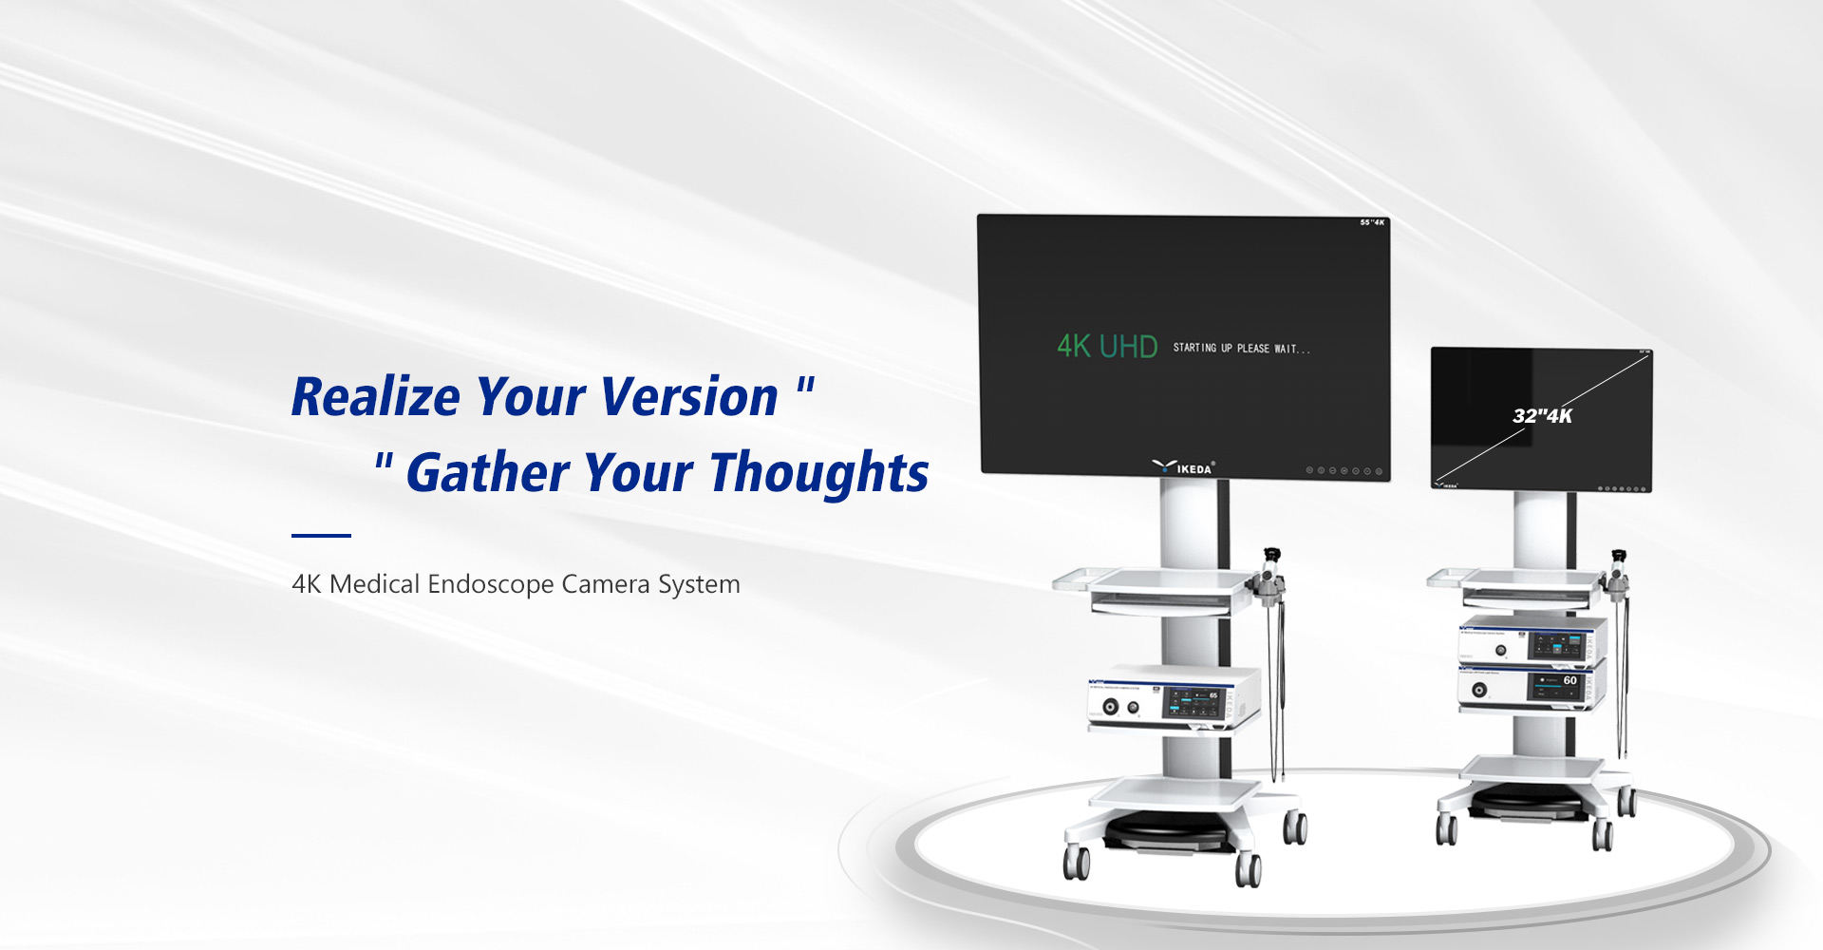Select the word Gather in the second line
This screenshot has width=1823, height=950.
[487, 473]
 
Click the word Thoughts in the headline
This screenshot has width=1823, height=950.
[818, 473]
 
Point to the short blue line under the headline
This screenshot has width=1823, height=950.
[321, 536]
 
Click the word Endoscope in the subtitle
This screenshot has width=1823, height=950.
[490, 583]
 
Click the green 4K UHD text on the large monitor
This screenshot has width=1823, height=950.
[1107, 347]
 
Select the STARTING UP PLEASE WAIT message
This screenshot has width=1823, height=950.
[1241, 349]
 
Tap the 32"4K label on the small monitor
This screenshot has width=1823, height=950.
[1542, 416]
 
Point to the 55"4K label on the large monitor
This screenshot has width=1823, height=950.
[1372, 223]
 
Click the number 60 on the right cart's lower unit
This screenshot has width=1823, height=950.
[1569, 680]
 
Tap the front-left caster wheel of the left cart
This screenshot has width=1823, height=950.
[1077, 861]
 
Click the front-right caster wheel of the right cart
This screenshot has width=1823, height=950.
[1603, 834]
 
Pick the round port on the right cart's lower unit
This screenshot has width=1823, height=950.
[1479, 691]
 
